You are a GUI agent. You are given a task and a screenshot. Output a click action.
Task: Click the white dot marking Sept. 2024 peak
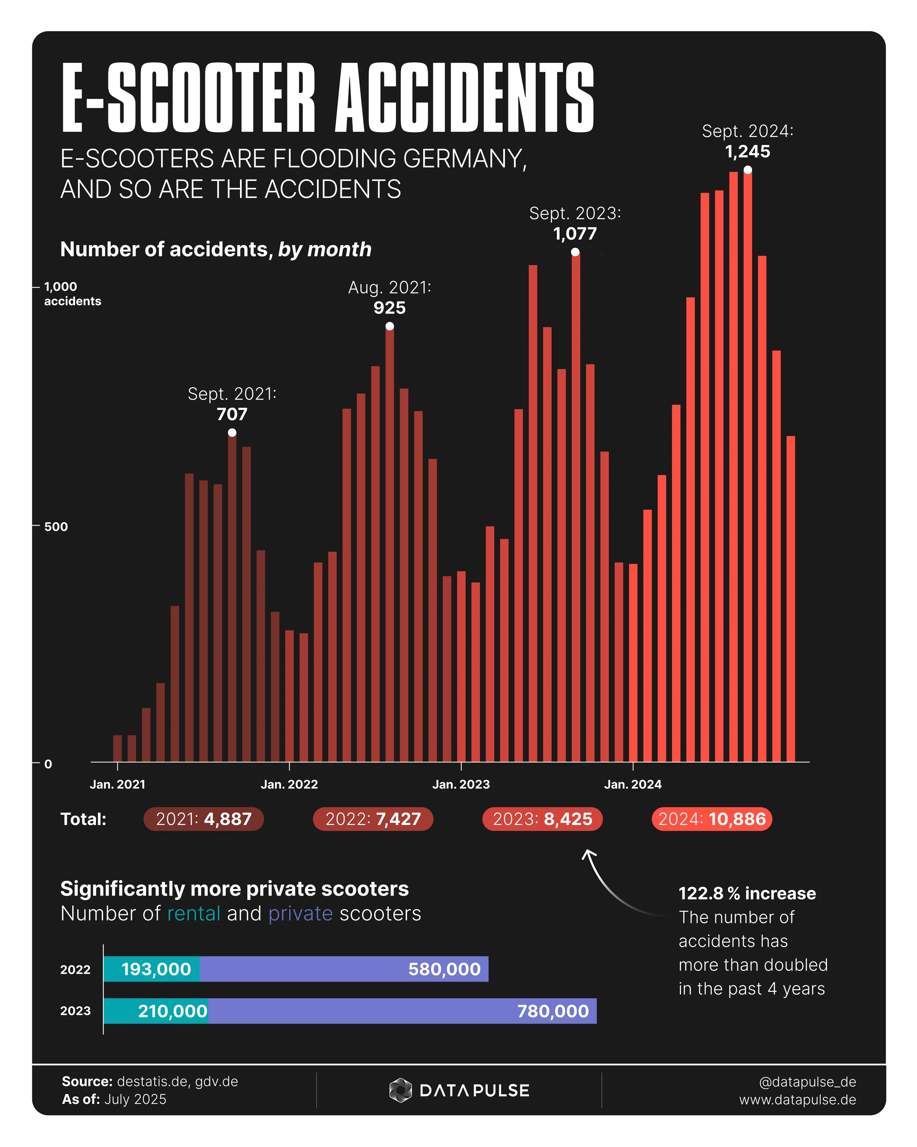point(747,170)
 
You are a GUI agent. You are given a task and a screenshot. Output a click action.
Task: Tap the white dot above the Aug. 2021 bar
point(390,326)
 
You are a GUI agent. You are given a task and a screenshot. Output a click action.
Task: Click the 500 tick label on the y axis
point(56,527)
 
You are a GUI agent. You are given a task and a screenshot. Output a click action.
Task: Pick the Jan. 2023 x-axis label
point(461,784)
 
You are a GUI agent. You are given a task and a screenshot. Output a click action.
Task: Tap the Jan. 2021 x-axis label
point(117,784)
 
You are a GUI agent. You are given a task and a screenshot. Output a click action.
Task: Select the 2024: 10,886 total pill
point(712,819)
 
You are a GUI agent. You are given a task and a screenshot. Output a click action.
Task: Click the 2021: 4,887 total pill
point(203,819)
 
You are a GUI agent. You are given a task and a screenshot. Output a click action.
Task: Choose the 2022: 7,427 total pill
point(373,819)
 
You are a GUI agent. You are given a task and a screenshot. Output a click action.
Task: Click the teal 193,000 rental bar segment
point(151,969)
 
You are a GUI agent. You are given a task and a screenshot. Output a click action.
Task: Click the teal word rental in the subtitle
point(194,913)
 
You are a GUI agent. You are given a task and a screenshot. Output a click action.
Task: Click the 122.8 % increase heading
point(747,893)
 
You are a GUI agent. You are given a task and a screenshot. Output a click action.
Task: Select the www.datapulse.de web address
point(797,1100)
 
